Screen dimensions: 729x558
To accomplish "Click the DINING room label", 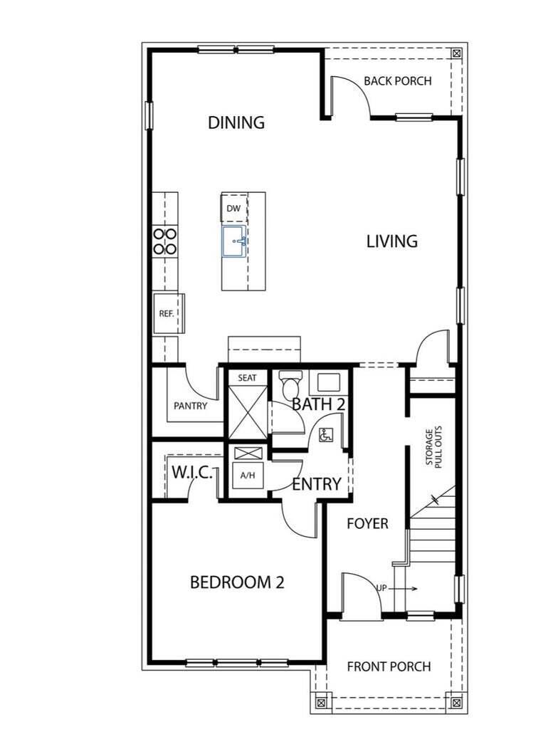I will pos(236,122).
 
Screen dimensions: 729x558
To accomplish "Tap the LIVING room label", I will pos(392,241).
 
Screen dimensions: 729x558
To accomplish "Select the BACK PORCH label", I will pos(397,81).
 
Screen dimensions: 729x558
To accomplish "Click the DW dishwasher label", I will pos(233,209).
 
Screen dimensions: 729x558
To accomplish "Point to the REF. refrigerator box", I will pos(167,313).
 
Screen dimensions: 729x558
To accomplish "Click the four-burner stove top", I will pos(165,241).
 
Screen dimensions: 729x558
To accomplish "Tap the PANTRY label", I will pos(190,407).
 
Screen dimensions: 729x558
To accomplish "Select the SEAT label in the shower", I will pos(247,378).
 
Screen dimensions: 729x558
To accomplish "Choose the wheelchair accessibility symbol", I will pos(326,435).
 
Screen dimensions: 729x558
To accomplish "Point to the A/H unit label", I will pos(247,476).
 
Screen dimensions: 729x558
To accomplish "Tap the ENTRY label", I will pos(317,485).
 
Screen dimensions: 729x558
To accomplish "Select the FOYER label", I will pos(367,524).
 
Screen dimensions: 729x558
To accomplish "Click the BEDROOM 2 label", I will pos(237,582).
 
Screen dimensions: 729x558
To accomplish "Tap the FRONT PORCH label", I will pos(389,667).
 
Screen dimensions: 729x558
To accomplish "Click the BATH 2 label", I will pos(319,404).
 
